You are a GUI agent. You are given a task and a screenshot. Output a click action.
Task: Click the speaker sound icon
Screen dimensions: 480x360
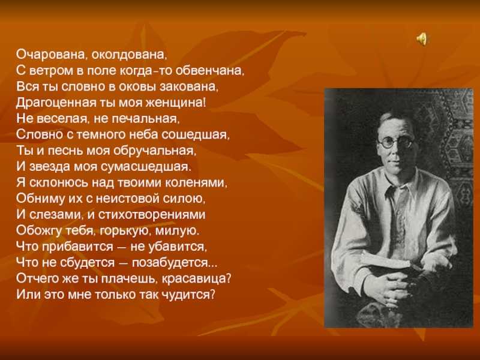pyautogui.click(x=422, y=39)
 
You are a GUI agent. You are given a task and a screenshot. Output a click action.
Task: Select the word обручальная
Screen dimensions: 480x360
pyautogui.click(x=154, y=151)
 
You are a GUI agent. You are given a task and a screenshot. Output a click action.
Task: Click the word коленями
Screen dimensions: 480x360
pyautogui.click(x=196, y=183)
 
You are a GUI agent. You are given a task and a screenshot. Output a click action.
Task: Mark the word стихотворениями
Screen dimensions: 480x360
pyautogui.click(x=152, y=215)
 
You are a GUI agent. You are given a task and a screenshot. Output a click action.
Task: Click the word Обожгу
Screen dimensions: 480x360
pyautogui.click(x=39, y=230)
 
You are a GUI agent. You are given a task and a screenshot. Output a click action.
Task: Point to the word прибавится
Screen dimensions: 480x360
pyautogui.click(x=77, y=247)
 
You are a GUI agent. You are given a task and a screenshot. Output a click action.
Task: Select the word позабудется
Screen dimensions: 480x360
pyautogui.click(x=170, y=263)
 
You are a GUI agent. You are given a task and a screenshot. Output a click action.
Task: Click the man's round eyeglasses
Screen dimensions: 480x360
pyautogui.click(x=396, y=143)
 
